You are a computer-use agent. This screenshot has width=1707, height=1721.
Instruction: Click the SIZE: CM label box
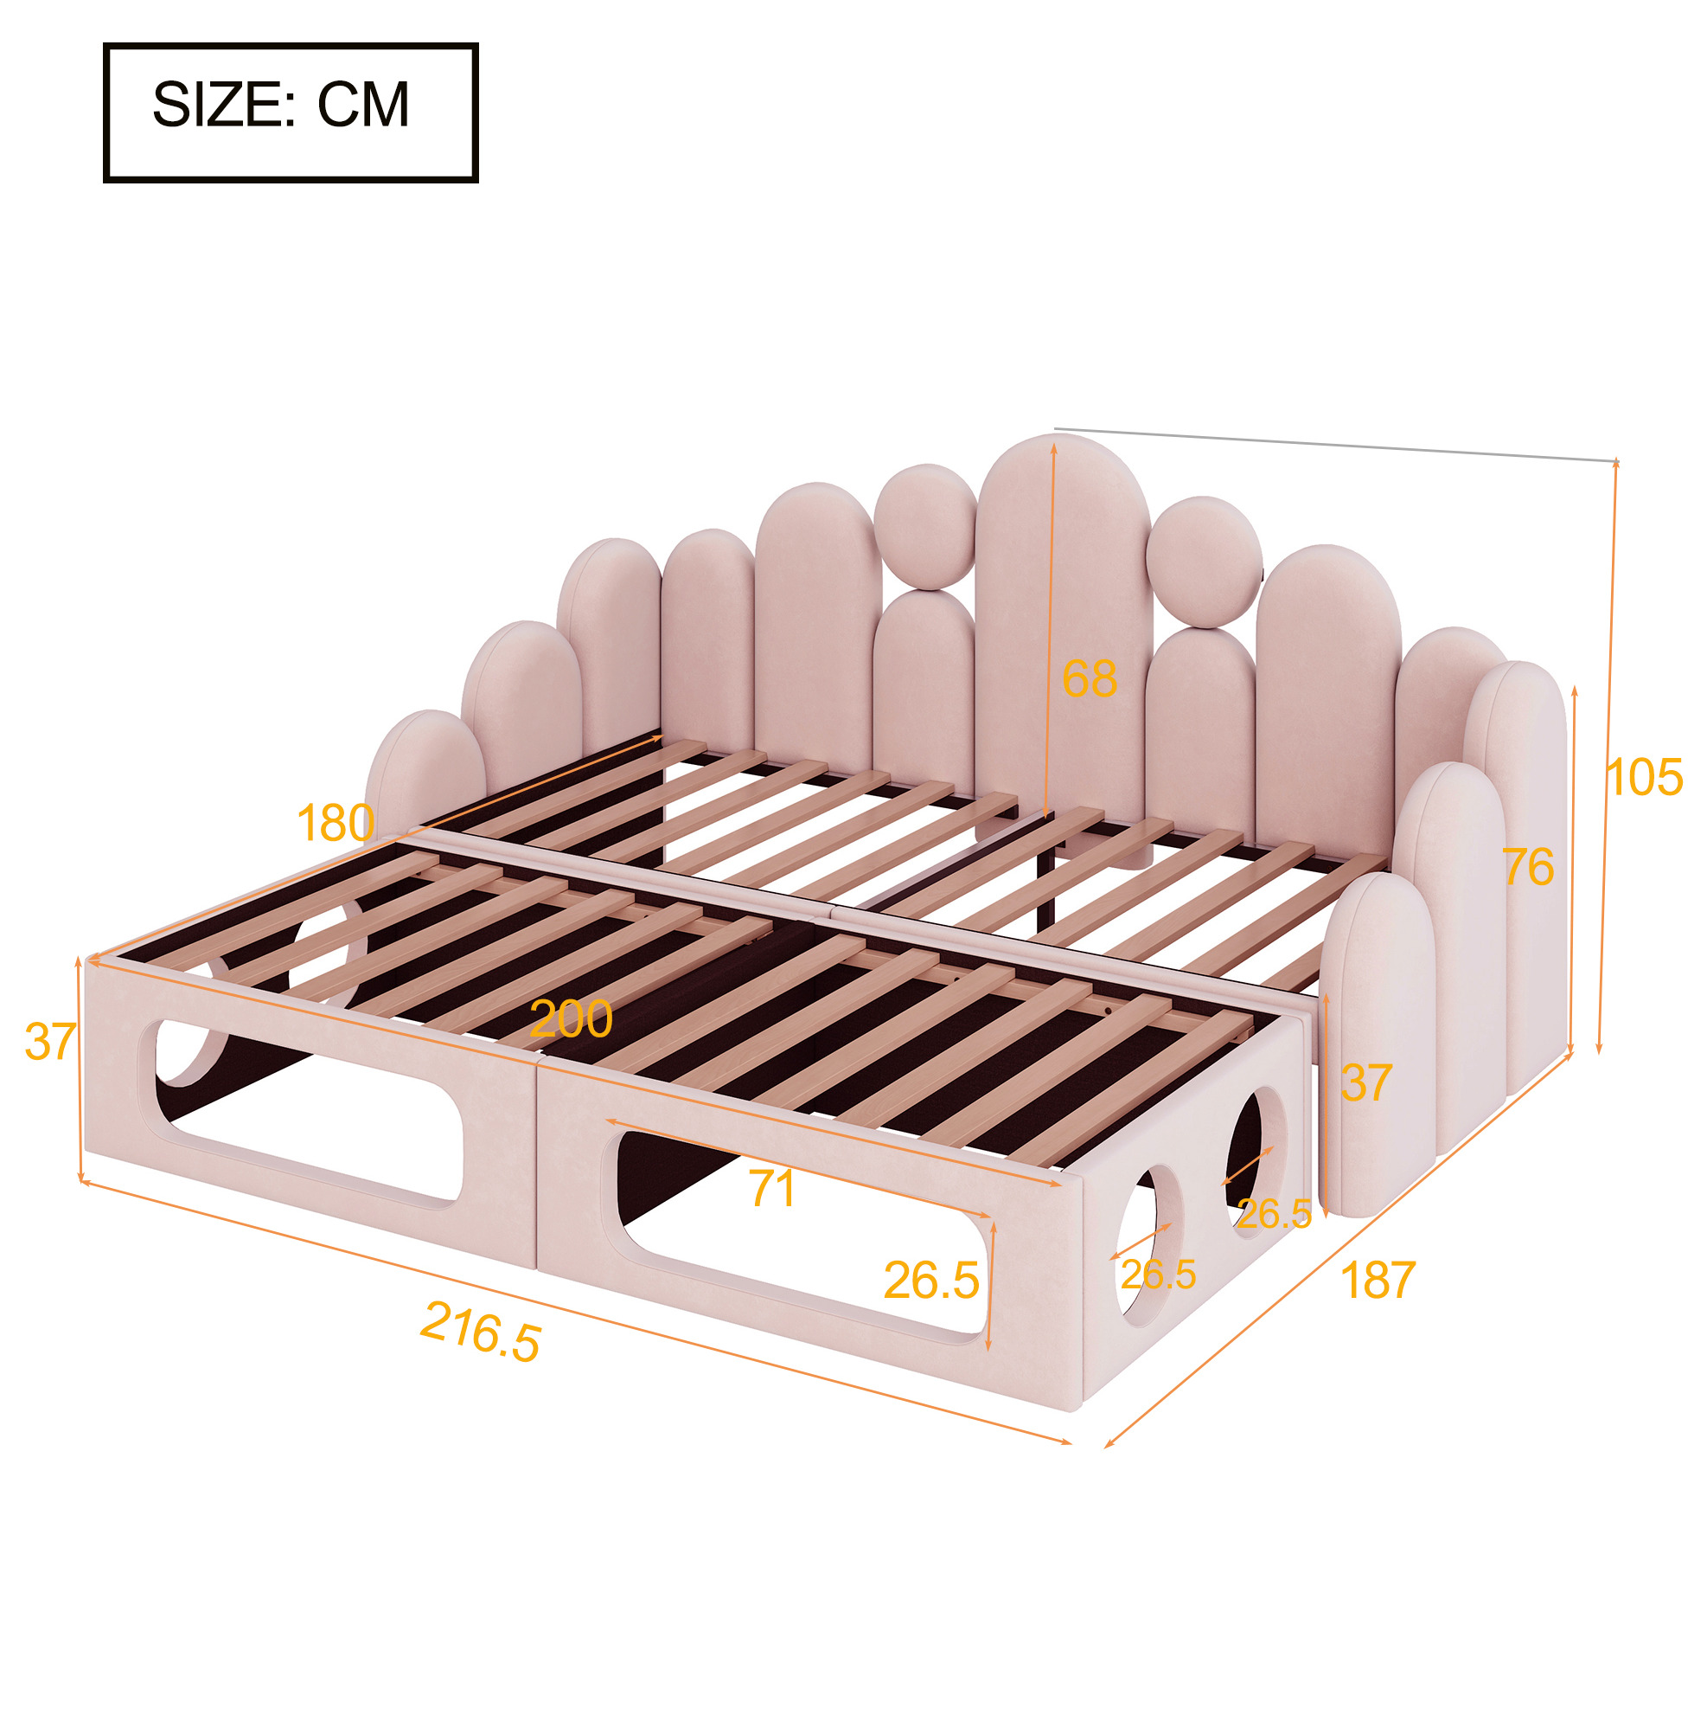[291, 112]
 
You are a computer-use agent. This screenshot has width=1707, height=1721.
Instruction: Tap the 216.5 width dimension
[480, 1332]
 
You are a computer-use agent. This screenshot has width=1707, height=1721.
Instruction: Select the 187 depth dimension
[1377, 1281]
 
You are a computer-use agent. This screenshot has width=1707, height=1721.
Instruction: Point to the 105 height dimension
[1645, 777]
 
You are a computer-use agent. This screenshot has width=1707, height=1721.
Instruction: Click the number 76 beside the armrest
[1528, 867]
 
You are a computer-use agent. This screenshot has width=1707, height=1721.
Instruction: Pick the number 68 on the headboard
[1089, 678]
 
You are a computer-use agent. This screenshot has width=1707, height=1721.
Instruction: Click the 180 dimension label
[335, 822]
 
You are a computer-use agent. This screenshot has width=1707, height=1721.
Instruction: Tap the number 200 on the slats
[571, 1018]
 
